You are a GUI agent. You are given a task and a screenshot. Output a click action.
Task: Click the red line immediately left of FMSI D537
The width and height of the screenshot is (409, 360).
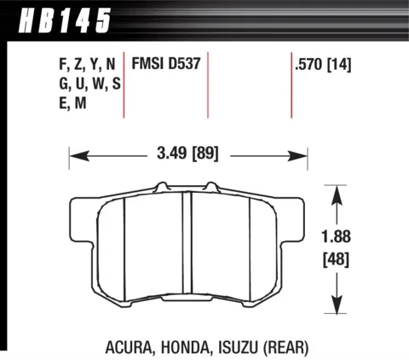tap(126, 85)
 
